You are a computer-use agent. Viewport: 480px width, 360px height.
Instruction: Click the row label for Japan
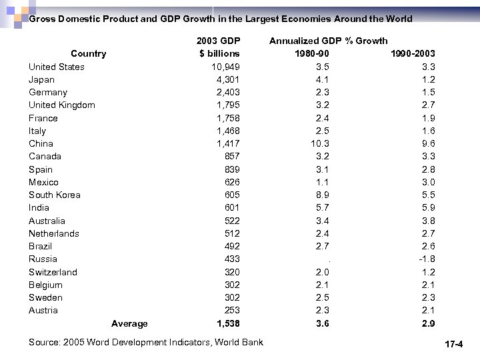click(x=41, y=79)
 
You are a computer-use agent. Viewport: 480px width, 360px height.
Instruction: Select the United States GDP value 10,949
click(x=225, y=67)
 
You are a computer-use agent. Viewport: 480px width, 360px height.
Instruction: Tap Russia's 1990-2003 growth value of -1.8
click(x=426, y=259)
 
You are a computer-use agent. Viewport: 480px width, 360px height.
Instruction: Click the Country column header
click(x=88, y=53)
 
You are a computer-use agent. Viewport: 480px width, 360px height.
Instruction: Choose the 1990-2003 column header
click(x=412, y=53)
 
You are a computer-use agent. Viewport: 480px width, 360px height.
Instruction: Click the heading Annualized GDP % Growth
click(x=328, y=41)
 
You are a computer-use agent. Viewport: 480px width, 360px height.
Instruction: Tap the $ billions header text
click(x=219, y=53)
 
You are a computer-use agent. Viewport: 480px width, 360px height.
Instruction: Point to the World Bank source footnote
click(x=146, y=342)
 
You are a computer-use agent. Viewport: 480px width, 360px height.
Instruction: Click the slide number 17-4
click(x=453, y=345)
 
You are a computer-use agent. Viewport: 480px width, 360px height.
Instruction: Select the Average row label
click(x=129, y=323)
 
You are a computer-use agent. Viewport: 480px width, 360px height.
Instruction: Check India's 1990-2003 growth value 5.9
click(x=429, y=207)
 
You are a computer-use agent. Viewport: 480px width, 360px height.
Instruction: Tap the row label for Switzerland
click(x=53, y=272)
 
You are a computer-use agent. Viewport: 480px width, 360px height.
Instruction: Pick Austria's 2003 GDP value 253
click(x=231, y=310)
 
